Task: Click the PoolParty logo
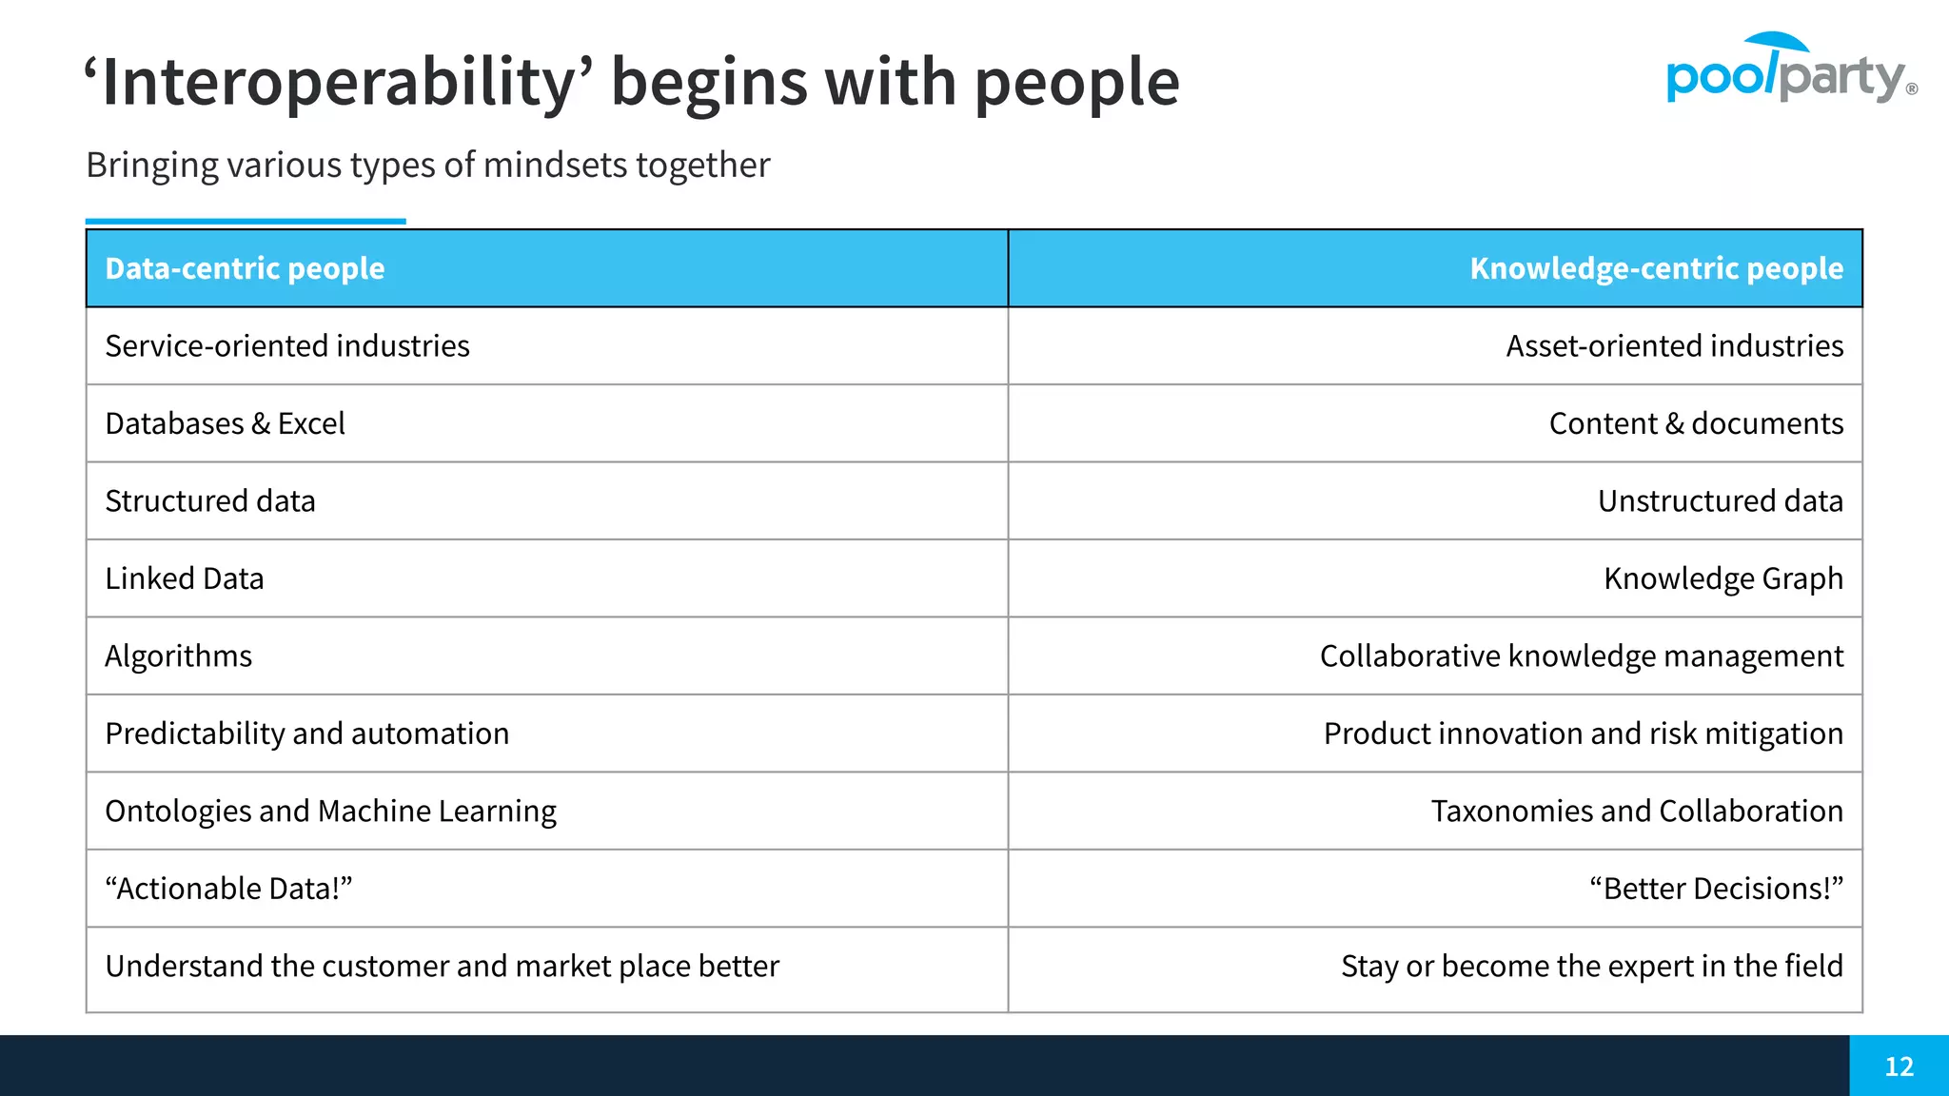1789,70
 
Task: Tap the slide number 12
1899,1066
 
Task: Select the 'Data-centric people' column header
245,268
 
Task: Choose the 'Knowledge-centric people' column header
1656,268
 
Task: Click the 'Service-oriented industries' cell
287,346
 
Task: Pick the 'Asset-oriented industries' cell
1674,346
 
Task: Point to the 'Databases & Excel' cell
225,423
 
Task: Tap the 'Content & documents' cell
1696,423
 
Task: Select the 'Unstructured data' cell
1720,501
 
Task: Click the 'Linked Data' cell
185,578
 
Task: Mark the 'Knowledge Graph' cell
1723,578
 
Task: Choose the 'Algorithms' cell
179,656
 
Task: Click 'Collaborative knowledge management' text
1581,656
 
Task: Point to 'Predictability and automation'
307,734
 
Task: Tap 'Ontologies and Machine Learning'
330,812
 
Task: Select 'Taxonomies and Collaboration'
1637,812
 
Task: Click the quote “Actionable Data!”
228,889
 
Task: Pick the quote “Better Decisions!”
1716,889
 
